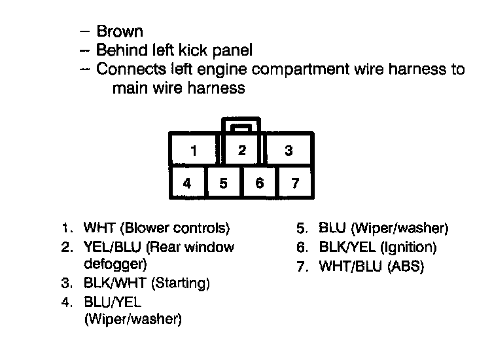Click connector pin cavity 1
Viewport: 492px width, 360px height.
pos(194,150)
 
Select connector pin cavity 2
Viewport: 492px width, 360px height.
pos(242,150)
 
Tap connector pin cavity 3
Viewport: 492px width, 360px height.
pos(289,150)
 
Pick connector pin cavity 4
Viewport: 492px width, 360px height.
pos(188,183)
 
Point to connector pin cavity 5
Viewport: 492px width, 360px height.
pos(224,183)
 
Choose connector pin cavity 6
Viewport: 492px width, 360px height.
pos(260,183)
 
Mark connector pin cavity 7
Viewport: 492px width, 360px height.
pos(295,183)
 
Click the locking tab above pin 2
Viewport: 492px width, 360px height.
pos(242,124)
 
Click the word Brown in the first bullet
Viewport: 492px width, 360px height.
pos(120,31)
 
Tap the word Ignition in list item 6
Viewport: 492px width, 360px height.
pos(409,248)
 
